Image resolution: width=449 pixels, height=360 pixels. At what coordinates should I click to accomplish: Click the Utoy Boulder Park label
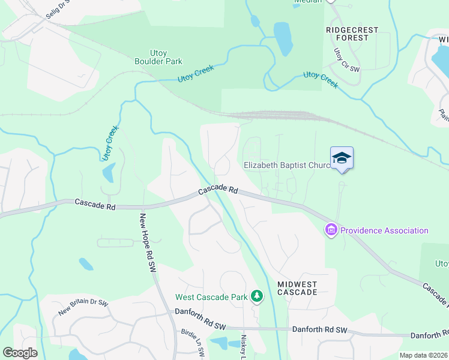[158, 57]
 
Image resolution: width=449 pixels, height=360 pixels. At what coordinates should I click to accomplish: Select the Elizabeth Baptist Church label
[286, 165]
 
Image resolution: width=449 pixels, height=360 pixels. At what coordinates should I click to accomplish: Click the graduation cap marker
[342, 158]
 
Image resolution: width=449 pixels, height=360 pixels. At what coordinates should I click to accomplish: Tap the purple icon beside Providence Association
[331, 230]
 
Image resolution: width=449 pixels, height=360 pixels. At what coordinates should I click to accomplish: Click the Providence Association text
[384, 230]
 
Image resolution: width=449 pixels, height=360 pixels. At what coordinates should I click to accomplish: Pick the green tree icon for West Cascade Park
[257, 296]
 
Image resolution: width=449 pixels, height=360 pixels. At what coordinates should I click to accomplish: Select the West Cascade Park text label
[211, 297]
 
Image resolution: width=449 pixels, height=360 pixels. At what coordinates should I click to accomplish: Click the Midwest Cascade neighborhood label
[297, 287]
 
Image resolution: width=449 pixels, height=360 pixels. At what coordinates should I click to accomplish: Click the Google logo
[20, 353]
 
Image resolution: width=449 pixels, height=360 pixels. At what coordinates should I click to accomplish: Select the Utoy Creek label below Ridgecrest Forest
[321, 79]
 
